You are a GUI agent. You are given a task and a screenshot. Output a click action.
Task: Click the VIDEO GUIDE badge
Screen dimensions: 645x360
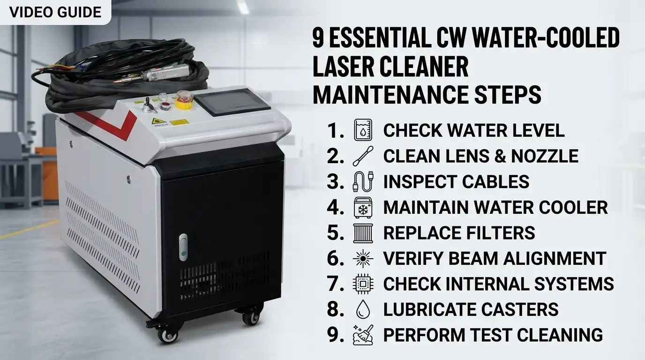pyautogui.click(x=55, y=12)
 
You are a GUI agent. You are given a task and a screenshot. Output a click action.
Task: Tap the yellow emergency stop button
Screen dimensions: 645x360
pyautogui.click(x=184, y=100)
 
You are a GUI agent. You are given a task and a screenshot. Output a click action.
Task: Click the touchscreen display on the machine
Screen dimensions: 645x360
pyautogui.click(x=232, y=102)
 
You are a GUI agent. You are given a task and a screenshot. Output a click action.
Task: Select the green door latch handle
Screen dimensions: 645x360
pyautogui.click(x=183, y=247)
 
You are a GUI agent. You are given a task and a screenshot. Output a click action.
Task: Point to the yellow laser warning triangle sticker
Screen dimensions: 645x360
pyautogui.click(x=158, y=120)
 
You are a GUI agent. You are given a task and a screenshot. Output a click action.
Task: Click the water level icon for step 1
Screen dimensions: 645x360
pyautogui.click(x=363, y=130)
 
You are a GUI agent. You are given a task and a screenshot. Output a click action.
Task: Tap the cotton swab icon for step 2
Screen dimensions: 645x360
pyautogui.click(x=363, y=156)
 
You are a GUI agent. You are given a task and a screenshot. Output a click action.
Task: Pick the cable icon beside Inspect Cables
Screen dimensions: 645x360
pyautogui.click(x=363, y=181)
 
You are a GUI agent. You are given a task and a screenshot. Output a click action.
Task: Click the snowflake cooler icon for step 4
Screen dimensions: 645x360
pyautogui.click(x=363, y=207)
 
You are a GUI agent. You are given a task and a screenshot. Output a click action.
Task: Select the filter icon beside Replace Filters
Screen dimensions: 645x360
pyautogui.click(x=363, y=233)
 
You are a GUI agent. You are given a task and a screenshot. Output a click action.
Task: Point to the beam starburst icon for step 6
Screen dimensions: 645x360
pyautogui.click(x=363, y=258)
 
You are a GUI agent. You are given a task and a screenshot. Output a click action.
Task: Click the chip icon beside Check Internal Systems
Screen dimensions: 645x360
pyautogui.click(x=363, y=284)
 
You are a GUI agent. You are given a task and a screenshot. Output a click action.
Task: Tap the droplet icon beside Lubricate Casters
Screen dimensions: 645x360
pyautogui.click(x=363, y=309)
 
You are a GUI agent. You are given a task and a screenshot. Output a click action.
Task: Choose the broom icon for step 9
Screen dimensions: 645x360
pyautogui.click(x=363, y=335)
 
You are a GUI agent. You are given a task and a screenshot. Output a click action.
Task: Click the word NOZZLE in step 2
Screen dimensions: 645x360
pyautogui.click(x=545, y=156)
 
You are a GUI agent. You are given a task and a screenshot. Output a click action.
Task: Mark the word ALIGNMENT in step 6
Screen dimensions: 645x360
pyautogui.click(x=553, y=258)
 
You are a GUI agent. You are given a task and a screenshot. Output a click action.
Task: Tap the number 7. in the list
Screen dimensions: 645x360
pyautogui.click(x=336, y=284)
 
